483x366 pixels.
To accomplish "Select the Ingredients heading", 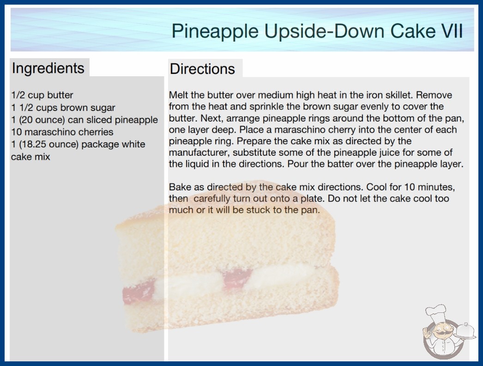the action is coord(48,68).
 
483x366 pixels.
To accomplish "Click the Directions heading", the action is coord(202,69).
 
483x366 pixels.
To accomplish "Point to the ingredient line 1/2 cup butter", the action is coord(42,95).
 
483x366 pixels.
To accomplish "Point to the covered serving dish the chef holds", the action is coord(465,331).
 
